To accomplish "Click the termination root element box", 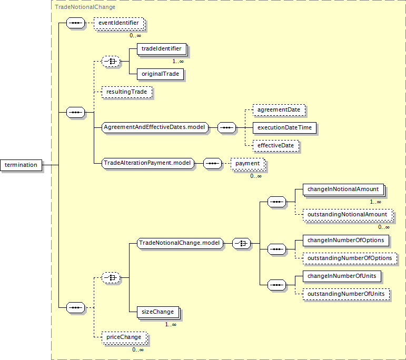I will point(21,165).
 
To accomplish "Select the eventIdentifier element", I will point(118,23).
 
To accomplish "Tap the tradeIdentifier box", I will point(162,49).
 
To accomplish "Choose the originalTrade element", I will point(160,74).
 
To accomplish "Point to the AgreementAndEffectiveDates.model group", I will point(155,127).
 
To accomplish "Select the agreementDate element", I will point(279,110).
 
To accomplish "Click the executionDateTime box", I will point(284,127).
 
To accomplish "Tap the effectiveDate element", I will point(276,145).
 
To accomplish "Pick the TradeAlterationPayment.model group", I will point(148,163).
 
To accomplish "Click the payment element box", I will point(247,164).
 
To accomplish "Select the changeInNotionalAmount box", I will point(343,189).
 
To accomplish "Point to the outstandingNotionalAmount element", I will point(348,215).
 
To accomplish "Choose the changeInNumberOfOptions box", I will point(347,241).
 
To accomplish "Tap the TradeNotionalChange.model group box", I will point(179,243).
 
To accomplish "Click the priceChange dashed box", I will point(124,337).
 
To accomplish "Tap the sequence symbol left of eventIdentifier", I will point(76,24).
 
